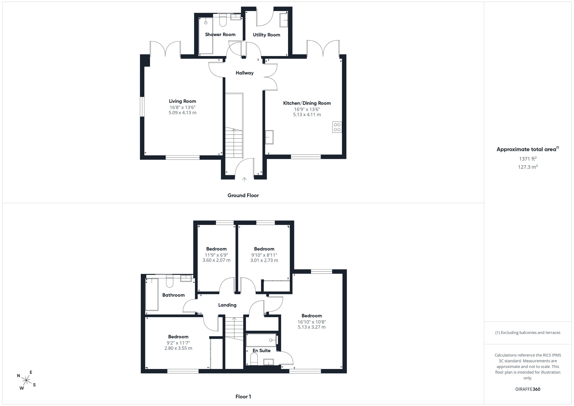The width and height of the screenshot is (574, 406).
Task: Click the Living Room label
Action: click(183, 101)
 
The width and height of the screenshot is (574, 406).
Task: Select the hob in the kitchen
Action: click(337, 127)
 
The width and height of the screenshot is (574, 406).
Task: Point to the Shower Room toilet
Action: click(223, 20)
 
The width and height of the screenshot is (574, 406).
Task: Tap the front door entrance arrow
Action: click(244, 179)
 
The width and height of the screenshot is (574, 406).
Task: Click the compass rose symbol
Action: click(26, 380)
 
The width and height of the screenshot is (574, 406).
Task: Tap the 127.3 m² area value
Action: click(528, 167)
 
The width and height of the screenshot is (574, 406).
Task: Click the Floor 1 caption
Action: click(243, 397)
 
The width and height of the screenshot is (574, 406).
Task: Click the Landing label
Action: click(227, 305)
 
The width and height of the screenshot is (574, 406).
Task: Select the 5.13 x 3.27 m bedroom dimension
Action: click(312, 327)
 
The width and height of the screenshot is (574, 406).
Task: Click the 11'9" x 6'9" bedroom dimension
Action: click(217, 255)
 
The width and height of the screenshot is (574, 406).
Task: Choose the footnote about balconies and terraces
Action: click(528, 332)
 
